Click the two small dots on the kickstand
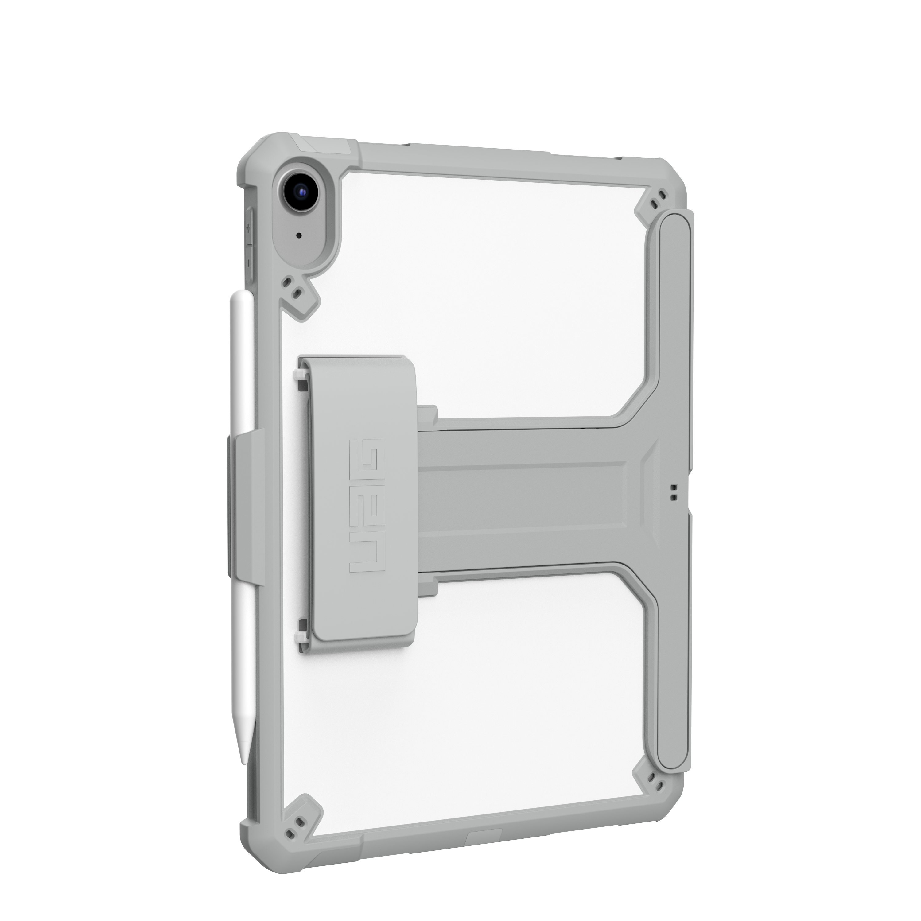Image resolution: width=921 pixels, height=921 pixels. (674, 492)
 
